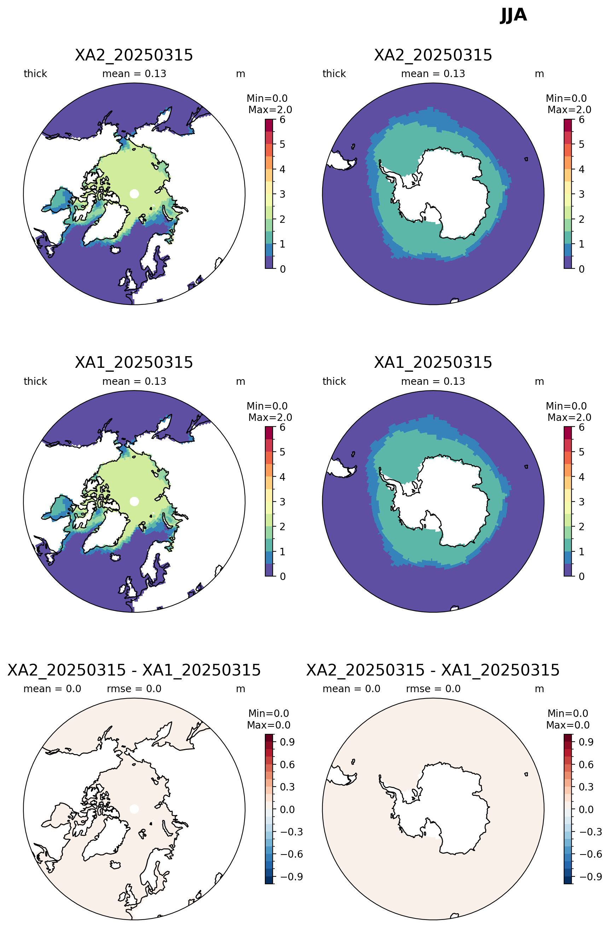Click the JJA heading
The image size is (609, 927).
coord(513,15)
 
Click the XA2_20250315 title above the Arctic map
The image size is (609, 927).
coord(134,55)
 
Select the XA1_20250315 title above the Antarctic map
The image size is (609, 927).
coord(433,363)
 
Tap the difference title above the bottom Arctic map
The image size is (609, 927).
coord(134,670)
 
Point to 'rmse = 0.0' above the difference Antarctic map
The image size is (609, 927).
coord(433,689)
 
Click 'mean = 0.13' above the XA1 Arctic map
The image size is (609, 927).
coord(134,381)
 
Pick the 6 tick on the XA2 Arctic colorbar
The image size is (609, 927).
coord(282,120)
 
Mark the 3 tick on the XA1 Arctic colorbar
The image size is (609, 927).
coord(282,502)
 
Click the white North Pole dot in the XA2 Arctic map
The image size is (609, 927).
coord(134,193)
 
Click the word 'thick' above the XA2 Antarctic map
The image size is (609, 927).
coord(334,74)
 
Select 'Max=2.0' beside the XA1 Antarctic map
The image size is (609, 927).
coord(569,417)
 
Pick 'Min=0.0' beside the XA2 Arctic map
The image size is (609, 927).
coord(267,98)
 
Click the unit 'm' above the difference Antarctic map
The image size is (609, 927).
coord(539,689)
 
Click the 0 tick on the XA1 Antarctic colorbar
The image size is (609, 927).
coord(581,576)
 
